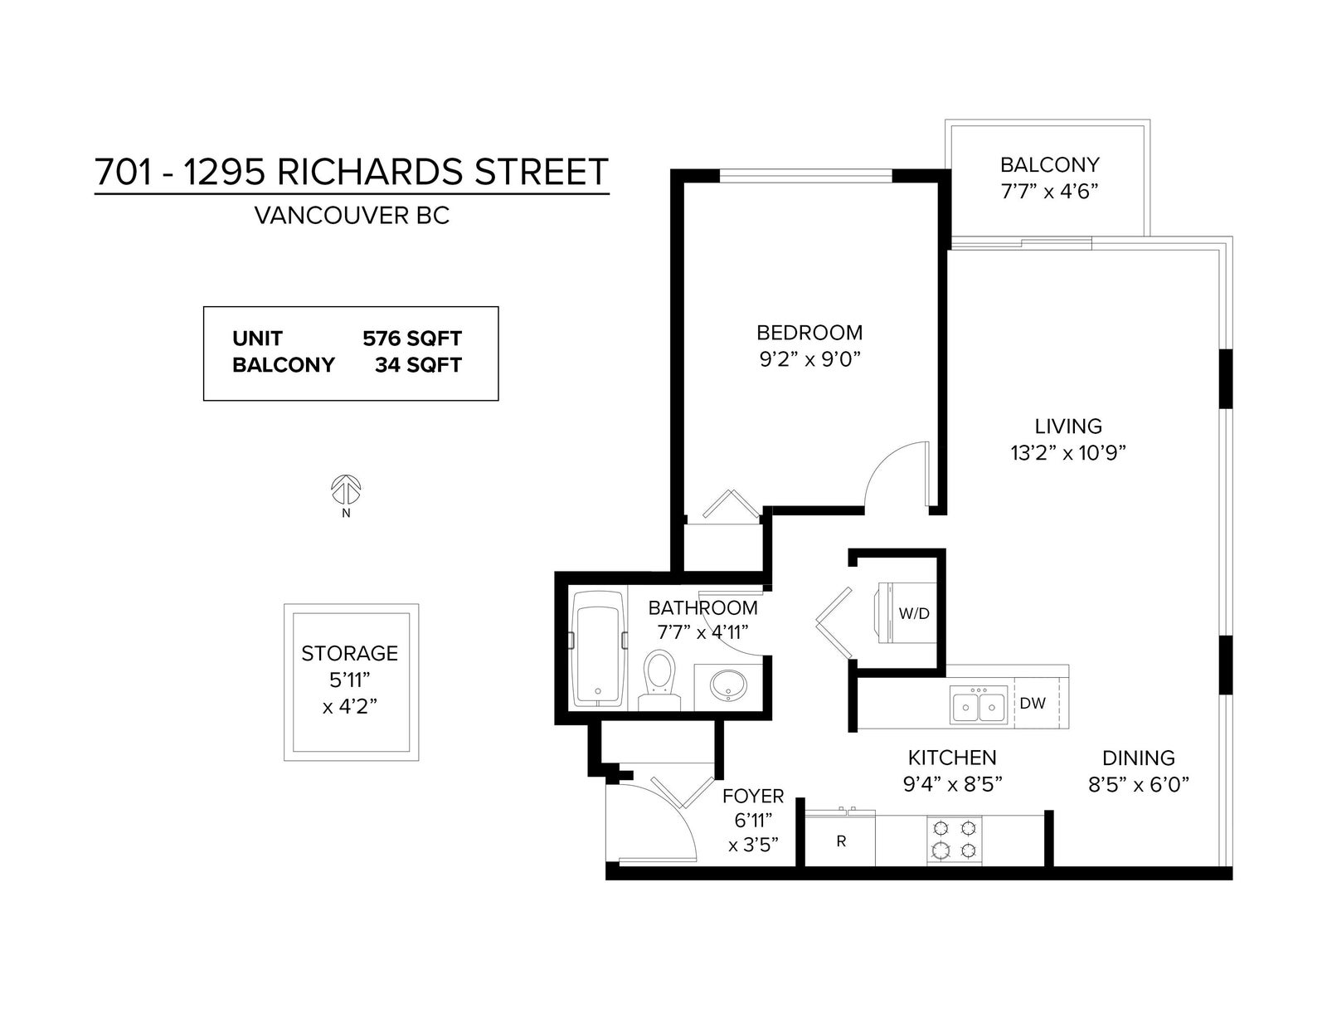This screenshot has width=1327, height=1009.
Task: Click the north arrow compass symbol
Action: point(346,490)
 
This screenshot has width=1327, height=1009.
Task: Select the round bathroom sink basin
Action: point(729,685)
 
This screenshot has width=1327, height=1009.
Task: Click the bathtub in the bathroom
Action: point(598,649)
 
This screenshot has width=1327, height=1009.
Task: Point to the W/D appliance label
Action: point(913,614)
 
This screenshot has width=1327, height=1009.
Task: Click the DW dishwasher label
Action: point(1033,703)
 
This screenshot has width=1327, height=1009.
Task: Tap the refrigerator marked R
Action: point(840,841)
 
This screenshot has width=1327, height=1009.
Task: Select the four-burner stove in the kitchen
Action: point(954,839)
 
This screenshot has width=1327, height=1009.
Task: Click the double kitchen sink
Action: point(978,704)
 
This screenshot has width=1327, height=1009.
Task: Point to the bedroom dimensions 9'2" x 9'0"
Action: point(809,360)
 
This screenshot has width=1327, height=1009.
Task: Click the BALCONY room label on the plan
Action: point(1049,164)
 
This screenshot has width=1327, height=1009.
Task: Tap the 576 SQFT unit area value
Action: point(412,339)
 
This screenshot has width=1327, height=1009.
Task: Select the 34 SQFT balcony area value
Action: point(418,365)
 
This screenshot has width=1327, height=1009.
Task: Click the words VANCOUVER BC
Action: point(352,216)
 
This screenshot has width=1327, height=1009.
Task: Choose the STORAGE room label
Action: point(349,653)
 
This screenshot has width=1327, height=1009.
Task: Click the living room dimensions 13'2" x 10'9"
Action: point(1068,453)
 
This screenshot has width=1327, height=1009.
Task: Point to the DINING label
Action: point(1139,758)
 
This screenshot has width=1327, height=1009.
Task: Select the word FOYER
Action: point(753,796)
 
